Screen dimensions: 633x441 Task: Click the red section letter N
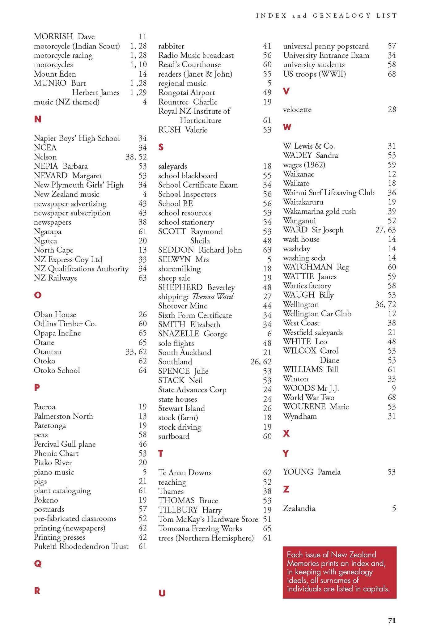coord(38,119)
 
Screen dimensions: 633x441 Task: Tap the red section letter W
coord(287,127)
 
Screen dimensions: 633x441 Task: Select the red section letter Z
coord(286,489)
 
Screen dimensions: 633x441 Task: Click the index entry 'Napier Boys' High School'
coord(77,138)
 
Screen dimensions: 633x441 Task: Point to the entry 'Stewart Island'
coord(181,408)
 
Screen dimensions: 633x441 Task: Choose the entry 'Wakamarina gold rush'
coord(319,211)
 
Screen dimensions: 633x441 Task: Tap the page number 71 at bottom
coord(392,621)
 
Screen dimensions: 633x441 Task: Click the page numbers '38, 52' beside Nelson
coord(136,157)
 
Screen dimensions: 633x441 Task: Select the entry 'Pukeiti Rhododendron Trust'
coord(81,546)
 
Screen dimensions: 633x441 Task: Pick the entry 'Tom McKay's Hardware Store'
coord(208,519)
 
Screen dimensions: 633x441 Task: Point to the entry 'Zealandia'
coord(299,508)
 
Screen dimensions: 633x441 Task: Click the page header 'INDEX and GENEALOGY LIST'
coord(326,16)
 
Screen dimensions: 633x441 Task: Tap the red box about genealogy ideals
coord(339,572)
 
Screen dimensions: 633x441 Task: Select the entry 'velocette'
coord(297,110)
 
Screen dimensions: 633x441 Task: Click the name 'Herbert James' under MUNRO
coord(95,92)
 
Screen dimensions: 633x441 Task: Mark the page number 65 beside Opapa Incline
coord(142,333)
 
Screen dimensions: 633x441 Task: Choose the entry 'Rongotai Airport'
coord(186,92)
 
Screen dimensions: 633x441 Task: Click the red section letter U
coord(162,593)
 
